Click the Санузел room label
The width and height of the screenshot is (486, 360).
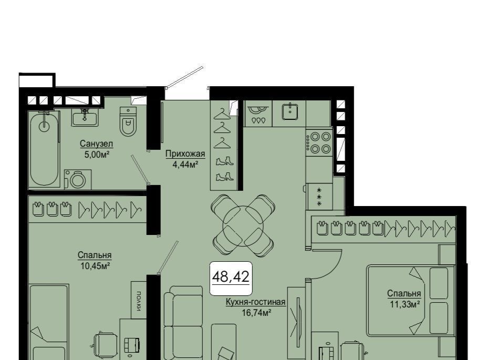pyautogui.click(x=96, y=144)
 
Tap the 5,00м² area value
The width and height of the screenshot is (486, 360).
pyautogui.click(x=97, y=154)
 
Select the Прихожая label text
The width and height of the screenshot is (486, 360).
pyautogui.click(x=185, y=154)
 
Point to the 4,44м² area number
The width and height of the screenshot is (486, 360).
pyautogui.click(x=185, y=164)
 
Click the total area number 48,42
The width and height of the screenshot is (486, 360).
pyautogui.click(x=231, y=277)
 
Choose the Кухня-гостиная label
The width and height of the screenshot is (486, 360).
pyautogui.click(x=255, y=302)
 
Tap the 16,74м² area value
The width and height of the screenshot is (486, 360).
pyautogui.click(x=256, y=313)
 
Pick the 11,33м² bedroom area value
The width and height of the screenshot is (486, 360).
pyautogui.click(x=405, y=304)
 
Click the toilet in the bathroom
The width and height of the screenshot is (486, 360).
pyautogui.click(x=128, y=122)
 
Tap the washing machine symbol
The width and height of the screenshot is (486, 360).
pyautogui.click(x=77, y=179)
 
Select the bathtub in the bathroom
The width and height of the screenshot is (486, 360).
pyautogui.click(x=44, y=149)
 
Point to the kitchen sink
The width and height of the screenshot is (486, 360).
pyautogui.click(x=290, y=111)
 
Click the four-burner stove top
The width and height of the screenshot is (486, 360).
pyautogui.click(x=319, y=142)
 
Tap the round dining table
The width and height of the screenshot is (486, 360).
pyautogui.click(x=243, y=226)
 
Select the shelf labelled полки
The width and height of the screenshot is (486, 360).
pyautogui.click(x=139, y=300)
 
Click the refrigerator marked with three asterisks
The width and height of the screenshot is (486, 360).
pyautogui.click(x=319, y=196)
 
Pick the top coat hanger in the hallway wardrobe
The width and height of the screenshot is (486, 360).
pyautogui.click(x=222, y=114)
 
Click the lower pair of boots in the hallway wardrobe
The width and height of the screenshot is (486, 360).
pyautogui.click(x=224, y=177)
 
